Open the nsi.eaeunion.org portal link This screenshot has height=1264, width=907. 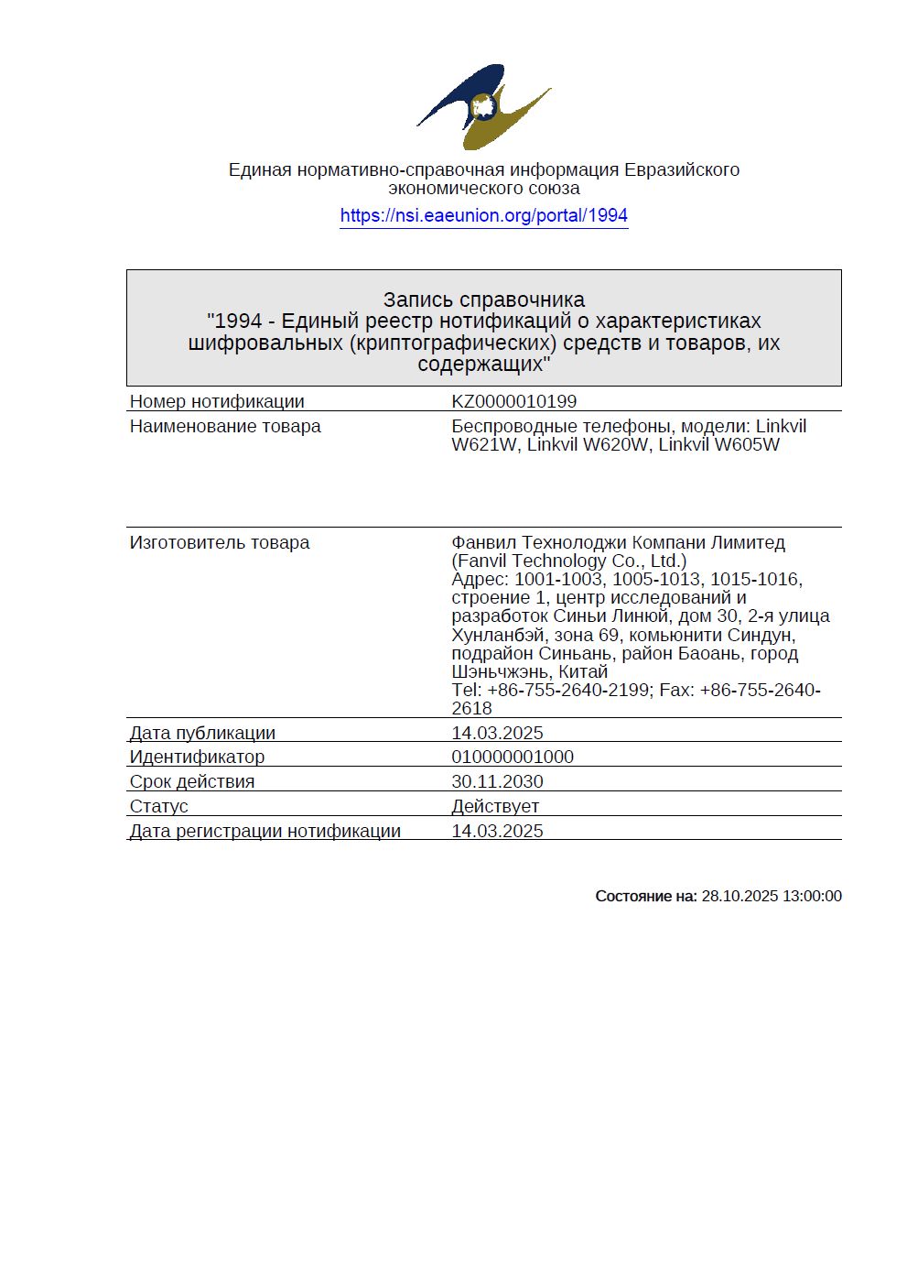pyautogui.click(x=483, y=216)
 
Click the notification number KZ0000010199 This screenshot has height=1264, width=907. pyautogui.click(x=513, y=401)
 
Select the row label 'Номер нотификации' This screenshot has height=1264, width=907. pyautogui.click(x=217, y=401)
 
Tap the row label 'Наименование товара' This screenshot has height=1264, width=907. pyautogui.click(x=225, y=426)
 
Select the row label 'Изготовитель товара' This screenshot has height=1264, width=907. pyautogui.click(x=220, y=542)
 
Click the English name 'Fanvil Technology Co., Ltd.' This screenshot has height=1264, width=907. pyautogui.click(x=568, y=561)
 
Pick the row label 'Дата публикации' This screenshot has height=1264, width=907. pyautogui.click(x=202, y=733)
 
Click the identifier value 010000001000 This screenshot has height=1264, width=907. pyautogui.click(x=513, y=757)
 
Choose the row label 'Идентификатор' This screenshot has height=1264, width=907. pyautogui.click(x=197, y=757)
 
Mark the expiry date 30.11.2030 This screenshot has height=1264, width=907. pyautogui.click(x=497, y=781)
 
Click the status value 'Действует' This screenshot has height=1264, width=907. pyautogui.click(x=495, y=806)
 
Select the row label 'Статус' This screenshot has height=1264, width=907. pyautogui.click(x=159, y=806)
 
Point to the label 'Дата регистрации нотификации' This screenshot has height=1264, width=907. pyautogui.click(x=265, y=831)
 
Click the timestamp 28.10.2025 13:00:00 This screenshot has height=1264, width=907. pyautogui.click(x=771, y=896)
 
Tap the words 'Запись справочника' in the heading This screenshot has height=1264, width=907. pyautogui.click(x=483, y=300)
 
